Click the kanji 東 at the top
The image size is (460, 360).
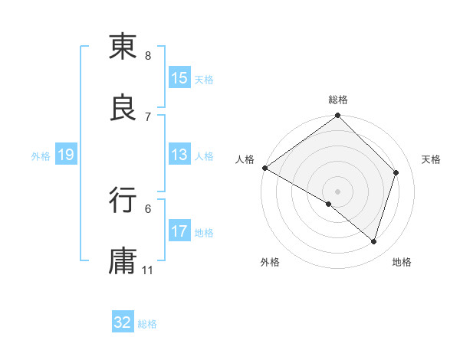point(123,47)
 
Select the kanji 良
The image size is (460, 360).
point(123,108)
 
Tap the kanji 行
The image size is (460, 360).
point(123,199)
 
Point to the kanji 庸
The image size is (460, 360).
point(123,260)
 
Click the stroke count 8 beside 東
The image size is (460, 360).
point(148,56)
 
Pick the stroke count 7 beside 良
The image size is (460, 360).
point(148,116)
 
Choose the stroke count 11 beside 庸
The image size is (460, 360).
point(148,270)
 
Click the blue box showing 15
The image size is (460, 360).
point(179,78)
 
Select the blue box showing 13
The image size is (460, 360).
point(179,155)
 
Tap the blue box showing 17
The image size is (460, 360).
point(179,231)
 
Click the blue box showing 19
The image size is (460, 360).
point(66,155)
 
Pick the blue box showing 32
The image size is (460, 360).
point(123,322)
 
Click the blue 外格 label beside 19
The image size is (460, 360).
point(41,155)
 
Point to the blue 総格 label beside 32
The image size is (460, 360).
point(147,323)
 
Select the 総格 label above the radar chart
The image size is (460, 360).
point(338,100)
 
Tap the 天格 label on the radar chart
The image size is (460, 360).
point(432,159)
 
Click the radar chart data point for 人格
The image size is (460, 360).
point(264,168)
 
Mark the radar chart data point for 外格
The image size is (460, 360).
point(329,204)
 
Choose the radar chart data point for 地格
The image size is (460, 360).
point(373,241)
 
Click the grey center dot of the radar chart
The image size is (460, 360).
point(337,191)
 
